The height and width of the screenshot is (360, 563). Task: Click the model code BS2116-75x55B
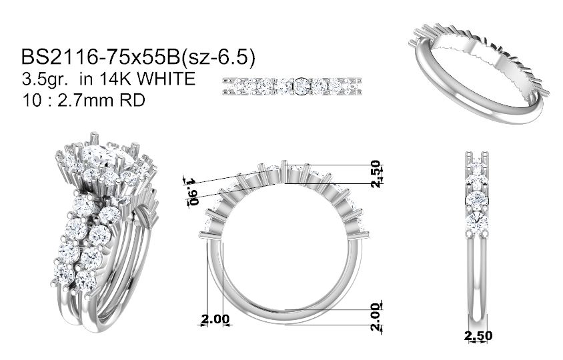(100, 57)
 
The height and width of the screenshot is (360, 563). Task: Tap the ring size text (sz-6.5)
(218, 58)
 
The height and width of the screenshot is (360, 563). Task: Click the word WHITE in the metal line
(166, 79)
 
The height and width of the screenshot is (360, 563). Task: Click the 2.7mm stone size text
(86, 100)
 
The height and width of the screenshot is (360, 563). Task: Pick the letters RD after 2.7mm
(132, 100)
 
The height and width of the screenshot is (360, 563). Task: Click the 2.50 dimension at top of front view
(375, 174)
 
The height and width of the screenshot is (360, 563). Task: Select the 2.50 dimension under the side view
(478, 336)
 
